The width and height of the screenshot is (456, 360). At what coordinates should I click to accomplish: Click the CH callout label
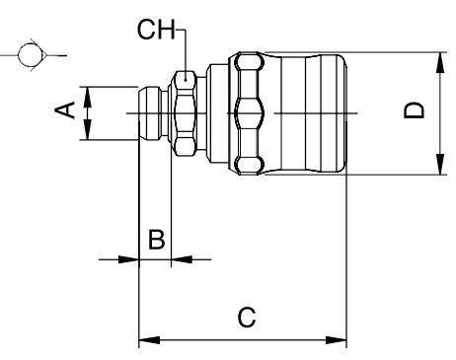click(x=156, y=30)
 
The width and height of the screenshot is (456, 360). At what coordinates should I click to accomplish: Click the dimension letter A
click(x=65, y=109)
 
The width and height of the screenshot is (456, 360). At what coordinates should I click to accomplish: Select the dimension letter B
click(x=156, y=239)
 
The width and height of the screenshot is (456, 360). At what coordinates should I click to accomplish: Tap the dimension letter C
click(x=247, y=318)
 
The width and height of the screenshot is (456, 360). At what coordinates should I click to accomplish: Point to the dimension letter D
click(x=414, y=110)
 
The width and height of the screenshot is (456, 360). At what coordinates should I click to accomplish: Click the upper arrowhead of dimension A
click(x=87, y=98)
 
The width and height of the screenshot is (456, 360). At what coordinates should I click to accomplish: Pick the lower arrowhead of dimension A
click(x=87, y=129)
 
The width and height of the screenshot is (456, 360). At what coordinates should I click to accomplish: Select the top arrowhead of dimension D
click(x=440, y=63)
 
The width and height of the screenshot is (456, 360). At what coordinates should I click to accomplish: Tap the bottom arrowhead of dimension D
click(x=440, y=164)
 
